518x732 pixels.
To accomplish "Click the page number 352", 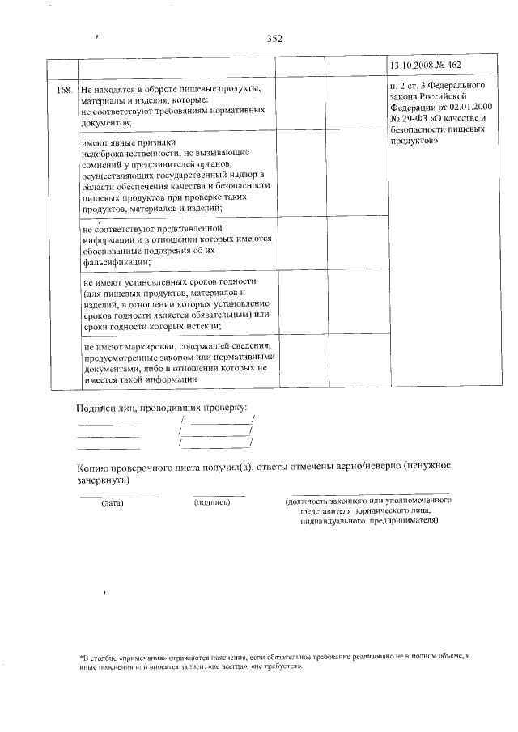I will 274,38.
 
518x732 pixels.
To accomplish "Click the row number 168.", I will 66,87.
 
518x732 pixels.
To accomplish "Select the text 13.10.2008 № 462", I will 427,65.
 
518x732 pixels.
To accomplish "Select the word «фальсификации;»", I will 116,262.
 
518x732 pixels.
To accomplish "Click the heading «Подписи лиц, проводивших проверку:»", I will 162,408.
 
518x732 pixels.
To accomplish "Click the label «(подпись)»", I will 213,502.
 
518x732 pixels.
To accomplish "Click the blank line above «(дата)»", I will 118,495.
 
